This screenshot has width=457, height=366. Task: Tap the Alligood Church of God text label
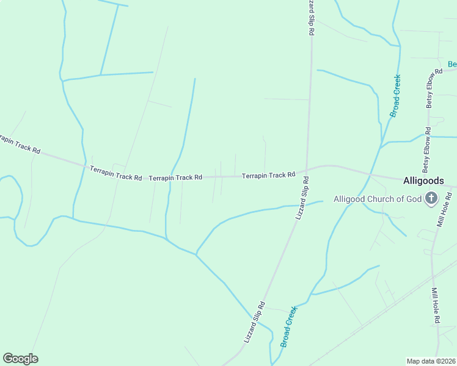pos(378,198)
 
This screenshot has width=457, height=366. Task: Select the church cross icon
pos(431,198)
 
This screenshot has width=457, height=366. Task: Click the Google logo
pos(20,359)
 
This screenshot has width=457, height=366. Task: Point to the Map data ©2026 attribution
pos(431,361)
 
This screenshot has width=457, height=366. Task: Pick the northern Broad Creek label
pos(396,95)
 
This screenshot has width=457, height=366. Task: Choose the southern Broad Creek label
pos(289,326)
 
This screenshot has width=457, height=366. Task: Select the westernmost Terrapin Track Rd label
pos(19,145)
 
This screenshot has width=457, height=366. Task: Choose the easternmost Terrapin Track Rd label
pos(269,176)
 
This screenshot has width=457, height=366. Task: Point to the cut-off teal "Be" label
pos(452,64)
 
